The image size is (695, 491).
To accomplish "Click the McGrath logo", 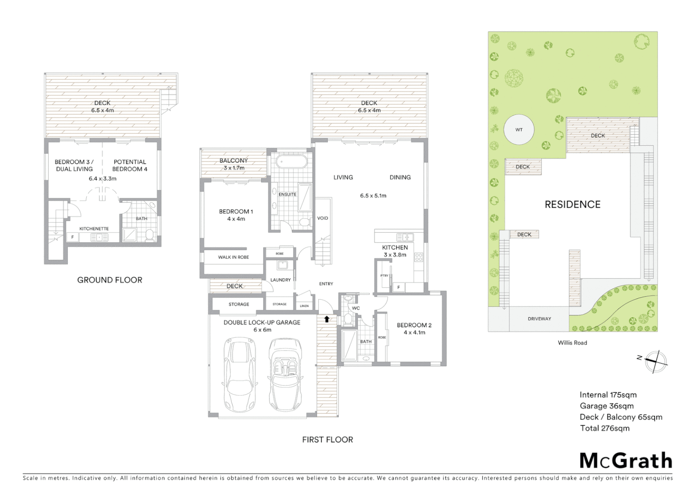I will click(626, 461).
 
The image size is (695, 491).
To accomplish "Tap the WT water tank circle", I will click(519, 130).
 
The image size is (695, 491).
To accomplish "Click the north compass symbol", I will click(655, 361).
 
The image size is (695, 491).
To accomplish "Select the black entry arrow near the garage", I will click(327, 319).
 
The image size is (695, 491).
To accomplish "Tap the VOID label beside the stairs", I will click(322, 218).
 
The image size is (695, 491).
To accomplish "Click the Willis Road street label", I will click(572, 343).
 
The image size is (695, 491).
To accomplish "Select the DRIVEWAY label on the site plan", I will click(539, 319).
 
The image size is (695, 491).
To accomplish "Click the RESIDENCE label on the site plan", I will click(573, 205).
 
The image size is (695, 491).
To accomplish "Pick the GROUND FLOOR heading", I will click(110, 280).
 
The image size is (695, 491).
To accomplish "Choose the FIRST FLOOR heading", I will click(327, 440).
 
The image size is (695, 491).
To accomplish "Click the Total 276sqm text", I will click(604, 428).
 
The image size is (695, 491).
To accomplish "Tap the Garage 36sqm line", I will click(606, 406).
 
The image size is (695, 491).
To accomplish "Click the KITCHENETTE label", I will click(94, 229).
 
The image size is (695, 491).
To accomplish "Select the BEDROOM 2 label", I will click(414, 325).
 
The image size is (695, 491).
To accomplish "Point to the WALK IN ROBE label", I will click(233, 257).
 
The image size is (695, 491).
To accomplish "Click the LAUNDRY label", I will click(280, 280).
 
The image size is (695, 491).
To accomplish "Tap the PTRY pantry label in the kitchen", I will click(384, 276).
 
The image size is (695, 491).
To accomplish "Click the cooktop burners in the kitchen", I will click(418, 257).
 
